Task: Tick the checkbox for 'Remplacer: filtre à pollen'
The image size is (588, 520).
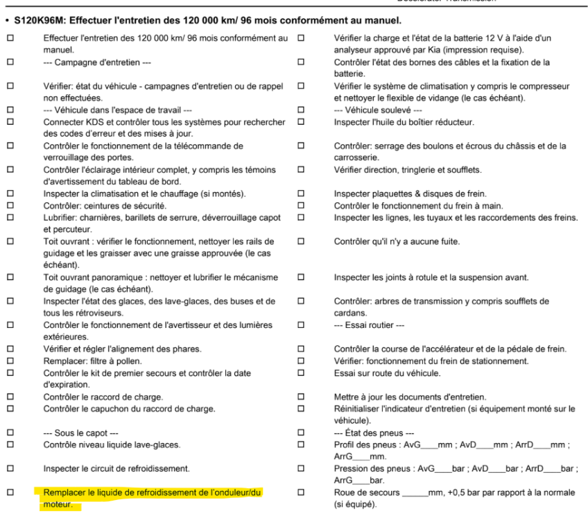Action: click(10, 361)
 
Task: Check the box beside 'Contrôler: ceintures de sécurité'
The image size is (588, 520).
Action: click(10, 207)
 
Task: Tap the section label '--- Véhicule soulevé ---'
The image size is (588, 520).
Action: click(374, 110)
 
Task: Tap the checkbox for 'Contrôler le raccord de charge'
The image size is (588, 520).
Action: click(10, 397)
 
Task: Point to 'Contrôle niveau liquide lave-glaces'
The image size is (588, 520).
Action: click(112, 444)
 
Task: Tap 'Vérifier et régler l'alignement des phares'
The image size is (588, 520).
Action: click(122, 349)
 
